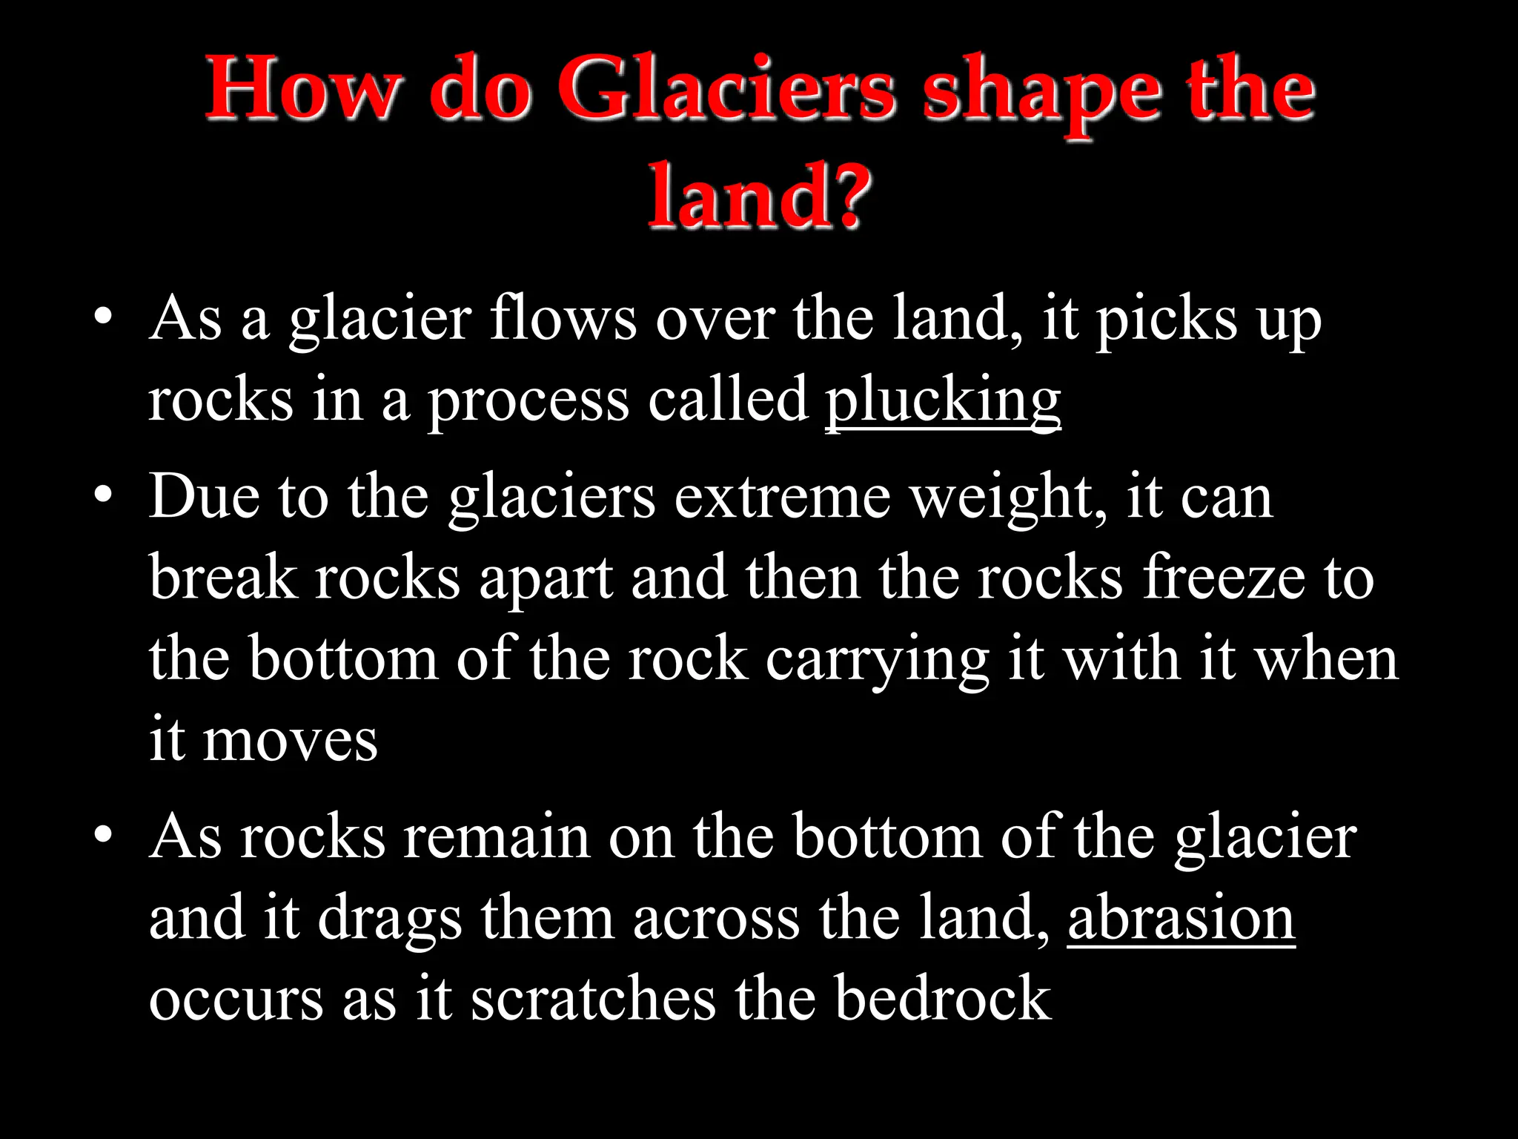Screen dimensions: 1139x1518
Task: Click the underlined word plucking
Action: point(943,401)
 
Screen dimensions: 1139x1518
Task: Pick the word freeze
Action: point(1224,578)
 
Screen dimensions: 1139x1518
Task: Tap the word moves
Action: point(290,742)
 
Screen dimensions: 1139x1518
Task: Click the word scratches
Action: point(593,999)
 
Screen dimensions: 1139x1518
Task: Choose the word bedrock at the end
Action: point(943,999)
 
